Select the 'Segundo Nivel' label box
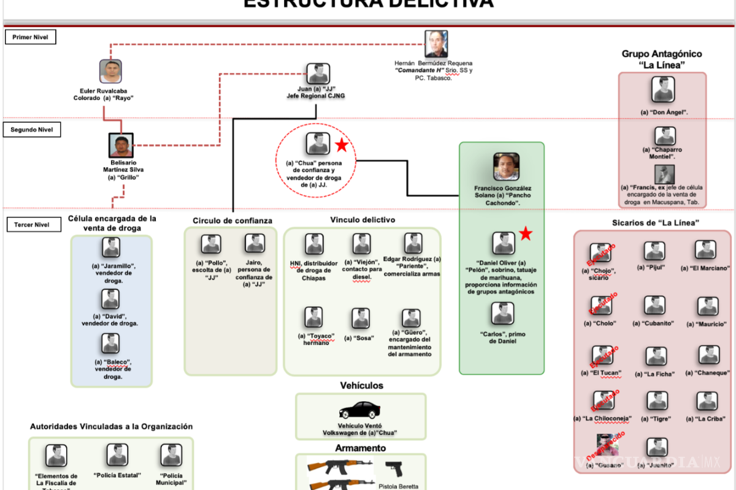pos(31,130)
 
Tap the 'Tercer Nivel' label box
pos(31,225)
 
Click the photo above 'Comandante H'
pos(436,44)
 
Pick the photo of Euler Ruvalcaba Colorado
pos(111,72)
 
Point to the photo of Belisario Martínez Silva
pos(121,146)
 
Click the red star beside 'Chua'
pos(342,145)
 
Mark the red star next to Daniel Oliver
pos(526,233)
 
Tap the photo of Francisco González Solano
pos(507,166)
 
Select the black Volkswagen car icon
pos(360,410)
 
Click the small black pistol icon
pos(394,469)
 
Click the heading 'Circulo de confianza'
pos(232,221)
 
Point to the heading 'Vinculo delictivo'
pos(362,219)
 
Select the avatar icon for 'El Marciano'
pos(705,250)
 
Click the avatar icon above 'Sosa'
pos(361,318)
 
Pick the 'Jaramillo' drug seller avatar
pos(111,247)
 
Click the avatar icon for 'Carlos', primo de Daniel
pos(502,314)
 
